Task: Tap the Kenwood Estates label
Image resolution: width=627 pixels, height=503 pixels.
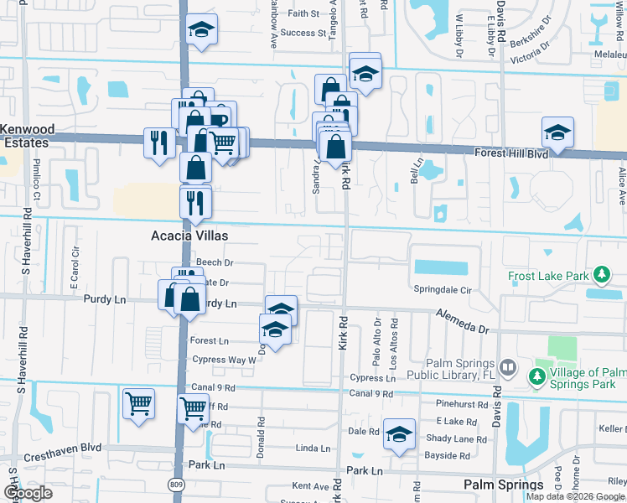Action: pos(27,137)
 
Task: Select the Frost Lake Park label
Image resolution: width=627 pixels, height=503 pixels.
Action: pos(547,275)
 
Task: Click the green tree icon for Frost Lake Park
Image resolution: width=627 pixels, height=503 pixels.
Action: pos(600,275)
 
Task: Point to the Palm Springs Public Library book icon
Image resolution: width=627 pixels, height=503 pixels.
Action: pos(507,368)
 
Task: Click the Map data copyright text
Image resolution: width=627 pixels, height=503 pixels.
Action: pos(575,496)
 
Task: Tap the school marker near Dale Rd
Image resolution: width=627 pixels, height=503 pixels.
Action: pos(400,434)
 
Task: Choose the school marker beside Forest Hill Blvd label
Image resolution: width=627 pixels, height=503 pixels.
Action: pos(557,132)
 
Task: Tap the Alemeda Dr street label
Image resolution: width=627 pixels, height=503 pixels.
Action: pos(461,319)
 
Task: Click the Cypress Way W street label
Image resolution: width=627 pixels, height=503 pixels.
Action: pos(223,360)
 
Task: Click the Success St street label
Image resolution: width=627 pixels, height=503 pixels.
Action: pos(303,34)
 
